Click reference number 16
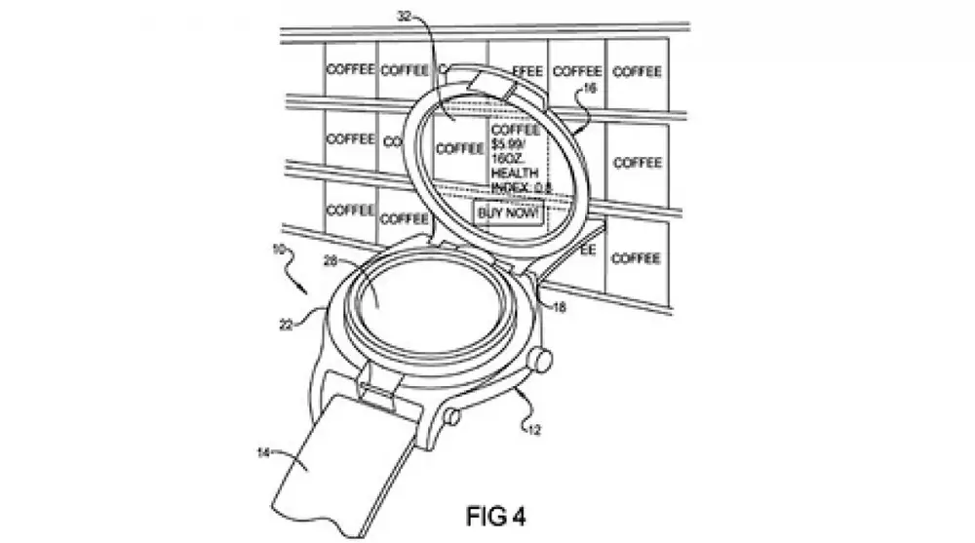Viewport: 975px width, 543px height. point(588,87)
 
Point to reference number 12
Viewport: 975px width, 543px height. point(533,425)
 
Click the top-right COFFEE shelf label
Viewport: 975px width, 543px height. point(638,71)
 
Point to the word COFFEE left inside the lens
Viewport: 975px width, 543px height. point(459,149)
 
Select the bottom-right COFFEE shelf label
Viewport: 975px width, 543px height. point(638,258)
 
